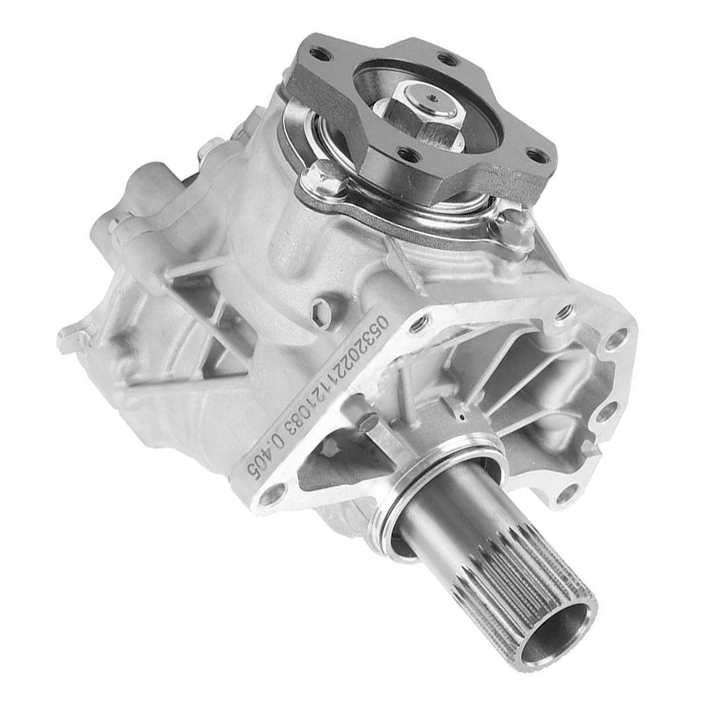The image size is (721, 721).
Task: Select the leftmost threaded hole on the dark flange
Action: tap(320, 54)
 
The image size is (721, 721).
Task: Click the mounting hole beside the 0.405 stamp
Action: tap(269, 497)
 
